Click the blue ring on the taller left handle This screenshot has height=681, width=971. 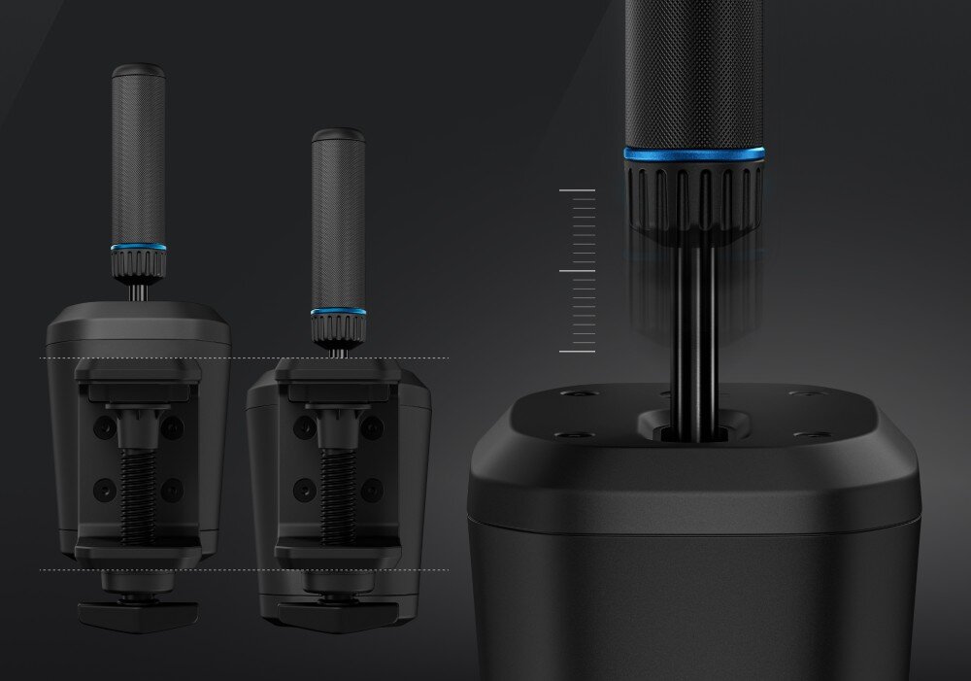pos(138,248)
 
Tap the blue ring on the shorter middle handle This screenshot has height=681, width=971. pos(338,313)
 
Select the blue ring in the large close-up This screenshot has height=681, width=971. pos(693,153)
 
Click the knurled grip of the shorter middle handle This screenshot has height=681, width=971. pos(338,223)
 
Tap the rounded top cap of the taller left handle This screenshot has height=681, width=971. pos(138,71)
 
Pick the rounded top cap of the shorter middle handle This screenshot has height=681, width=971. pos(338,134)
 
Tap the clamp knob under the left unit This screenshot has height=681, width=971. pos(138,611)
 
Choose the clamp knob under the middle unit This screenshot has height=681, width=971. pos(337,612)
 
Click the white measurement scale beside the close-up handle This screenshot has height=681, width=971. pos(579,270)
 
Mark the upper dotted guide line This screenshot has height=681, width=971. pos(243,358)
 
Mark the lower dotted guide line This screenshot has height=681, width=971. pos(243,570)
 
